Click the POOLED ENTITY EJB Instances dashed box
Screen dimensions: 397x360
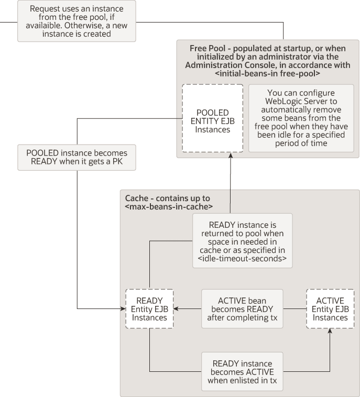(x=212, y=118)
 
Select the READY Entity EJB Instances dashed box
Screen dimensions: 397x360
(x=149, y=309)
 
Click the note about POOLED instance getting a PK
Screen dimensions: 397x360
(x=77, y=157)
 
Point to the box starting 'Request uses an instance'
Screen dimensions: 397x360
(x=77, y=21)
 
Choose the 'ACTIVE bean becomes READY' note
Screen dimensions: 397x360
(x=242, y=309)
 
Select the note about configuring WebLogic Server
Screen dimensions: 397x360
(x=300, y=118)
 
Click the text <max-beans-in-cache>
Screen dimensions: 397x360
(x=168, y=207)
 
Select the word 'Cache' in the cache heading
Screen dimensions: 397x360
(x=136, y=198)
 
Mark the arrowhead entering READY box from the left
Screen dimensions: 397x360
(x=123, y=308)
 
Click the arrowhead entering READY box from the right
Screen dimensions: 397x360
(x=177, y=308)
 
